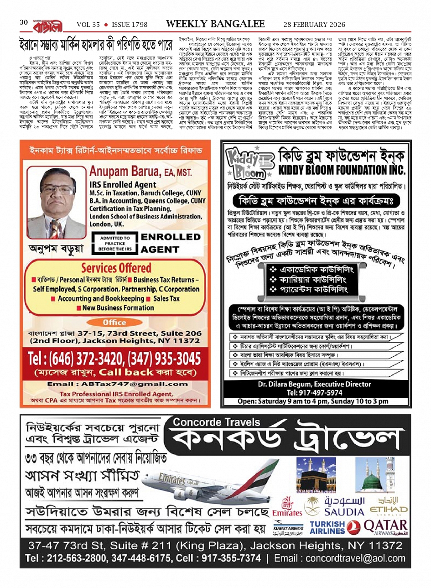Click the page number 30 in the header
23,23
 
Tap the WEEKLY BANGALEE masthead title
215,24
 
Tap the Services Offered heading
116,267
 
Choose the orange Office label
114,322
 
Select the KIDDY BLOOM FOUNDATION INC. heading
342,170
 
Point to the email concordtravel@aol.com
355,558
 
